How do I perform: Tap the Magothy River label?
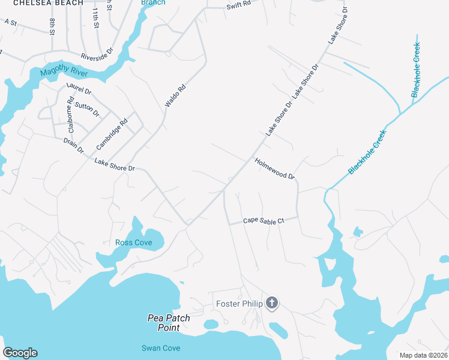tap(64, 73)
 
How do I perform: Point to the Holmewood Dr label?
tap(275, 169)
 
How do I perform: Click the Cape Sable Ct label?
tap(263, 221)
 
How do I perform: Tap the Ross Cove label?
tap(133, 242)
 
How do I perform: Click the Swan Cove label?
tap(160, 348)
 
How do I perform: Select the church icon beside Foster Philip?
tap(272, 303)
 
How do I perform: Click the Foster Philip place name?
tap(239, 304)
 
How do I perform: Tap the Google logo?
tap(20, 353)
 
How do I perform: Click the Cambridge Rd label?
tap(112, 135)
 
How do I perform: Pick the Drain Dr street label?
tap(73, 145)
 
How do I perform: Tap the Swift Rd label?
tap(239, 5)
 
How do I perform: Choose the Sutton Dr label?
tap(88, 109)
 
